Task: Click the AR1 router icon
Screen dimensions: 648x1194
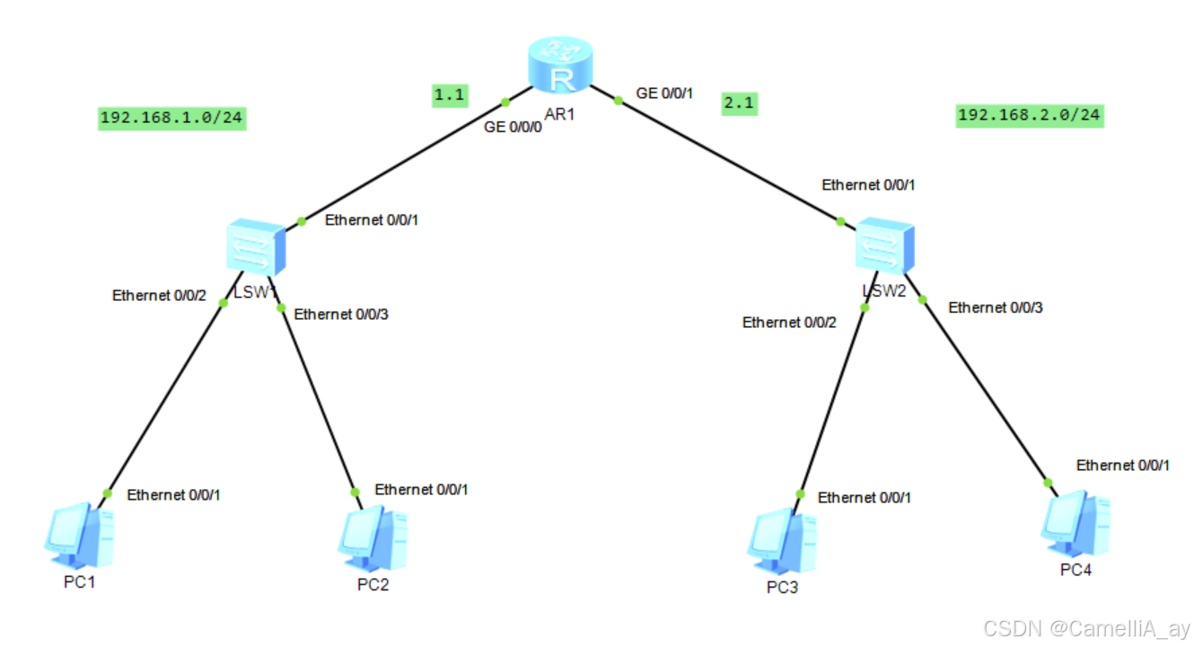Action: [562, 65]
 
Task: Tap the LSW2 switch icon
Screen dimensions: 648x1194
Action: [885, 245]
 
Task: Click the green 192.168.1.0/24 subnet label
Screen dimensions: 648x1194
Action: [171, 118]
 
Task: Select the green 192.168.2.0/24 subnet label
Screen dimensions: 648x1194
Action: [1029, 115]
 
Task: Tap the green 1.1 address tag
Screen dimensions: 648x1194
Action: [451, 93]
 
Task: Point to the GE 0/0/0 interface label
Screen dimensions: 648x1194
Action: [513, 128]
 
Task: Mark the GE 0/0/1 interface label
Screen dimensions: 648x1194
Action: [665, 93]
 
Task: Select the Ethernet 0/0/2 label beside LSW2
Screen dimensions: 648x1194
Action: [789, 323]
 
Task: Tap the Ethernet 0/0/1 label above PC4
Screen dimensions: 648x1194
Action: [1123, 466]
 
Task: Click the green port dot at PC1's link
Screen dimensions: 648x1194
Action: [107, 493]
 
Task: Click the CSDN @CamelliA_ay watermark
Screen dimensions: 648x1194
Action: [1086, 628]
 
